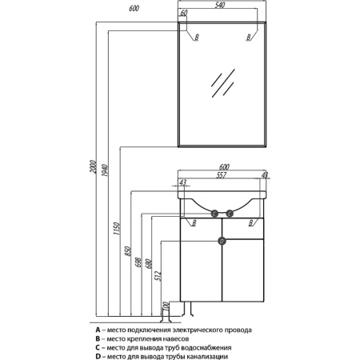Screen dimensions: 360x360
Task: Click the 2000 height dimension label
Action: [x=93, y=167]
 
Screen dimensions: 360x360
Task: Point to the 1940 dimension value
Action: [x=105, y=171]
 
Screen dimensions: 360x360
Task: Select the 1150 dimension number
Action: [x=117, y=229]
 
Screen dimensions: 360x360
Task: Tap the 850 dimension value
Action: [x=127, y=251]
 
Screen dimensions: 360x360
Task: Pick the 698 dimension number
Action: [x=138, y=262]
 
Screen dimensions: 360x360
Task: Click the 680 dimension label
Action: [x=149, y=264]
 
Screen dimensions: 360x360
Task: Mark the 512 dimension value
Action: [x=158, y=276]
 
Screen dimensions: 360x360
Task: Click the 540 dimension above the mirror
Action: [x=220, y=5]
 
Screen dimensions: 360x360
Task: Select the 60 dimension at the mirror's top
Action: [x=184, y=13]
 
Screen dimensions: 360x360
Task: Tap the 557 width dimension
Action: [x=222, y=175]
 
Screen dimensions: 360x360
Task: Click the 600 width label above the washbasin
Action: [x=224, y=166]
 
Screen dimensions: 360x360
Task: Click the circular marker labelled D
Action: [x=222, y=242]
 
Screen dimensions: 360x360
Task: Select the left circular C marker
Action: [x=214, y=214]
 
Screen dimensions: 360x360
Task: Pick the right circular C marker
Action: [x=230, y=214]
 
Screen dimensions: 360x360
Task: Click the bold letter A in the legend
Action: [x=98, y=330]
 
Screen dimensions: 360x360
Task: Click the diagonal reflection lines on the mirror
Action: [x=223, y=82]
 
